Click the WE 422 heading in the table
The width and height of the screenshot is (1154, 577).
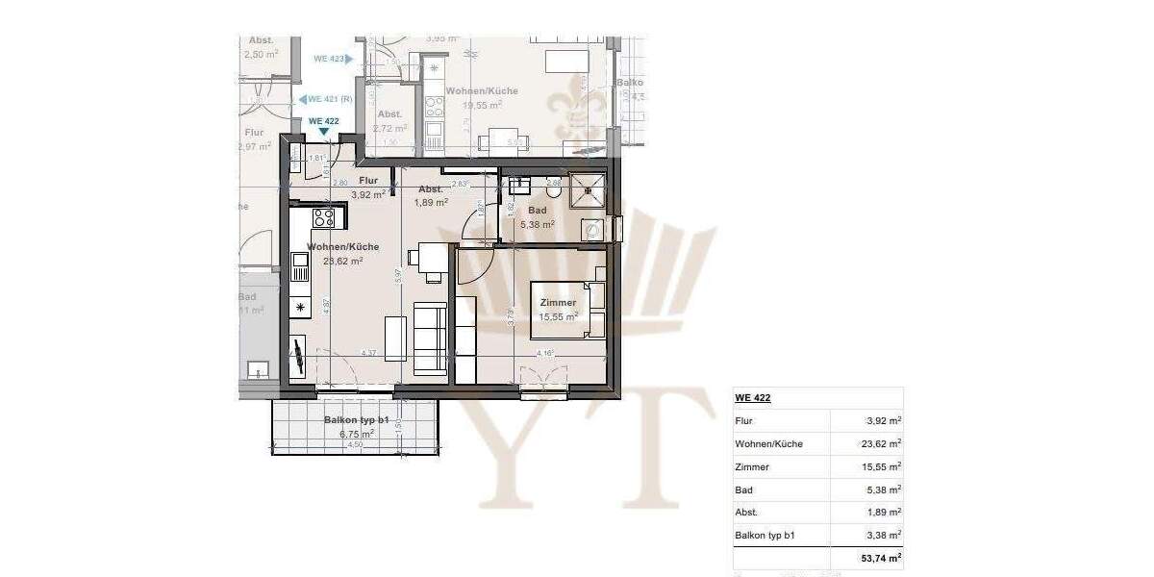(x=753, y=397)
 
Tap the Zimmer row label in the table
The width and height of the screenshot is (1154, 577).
(x=751, y=466)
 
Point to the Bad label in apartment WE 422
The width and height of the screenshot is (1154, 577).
(x=538, y=211)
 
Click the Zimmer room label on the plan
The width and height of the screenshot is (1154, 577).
(x=558, y=303)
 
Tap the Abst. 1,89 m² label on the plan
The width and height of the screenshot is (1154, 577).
(x=431, y=196)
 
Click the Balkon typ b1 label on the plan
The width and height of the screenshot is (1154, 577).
(x=356, y=421)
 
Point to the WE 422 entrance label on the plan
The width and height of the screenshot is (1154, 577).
(x=323, y=121)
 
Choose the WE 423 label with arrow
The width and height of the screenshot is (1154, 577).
(x=333, y=59)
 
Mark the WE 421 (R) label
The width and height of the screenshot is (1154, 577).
(x=327, y=99)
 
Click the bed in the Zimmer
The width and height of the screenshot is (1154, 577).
(x=567, y=310)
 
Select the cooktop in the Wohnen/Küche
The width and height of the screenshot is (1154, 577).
(x=323, y=217)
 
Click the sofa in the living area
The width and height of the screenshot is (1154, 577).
(x=429, y=338)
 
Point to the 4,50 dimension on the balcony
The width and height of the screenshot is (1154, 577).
(x=354, y=445)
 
